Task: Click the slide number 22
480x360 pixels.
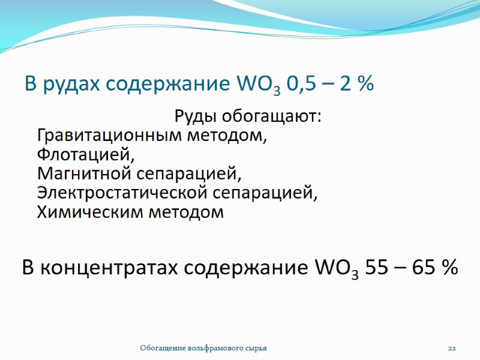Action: pyautogui.click(x=452, y=348)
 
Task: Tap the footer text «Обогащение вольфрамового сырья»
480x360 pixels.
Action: pyautogui.click(x=203, y=348)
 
